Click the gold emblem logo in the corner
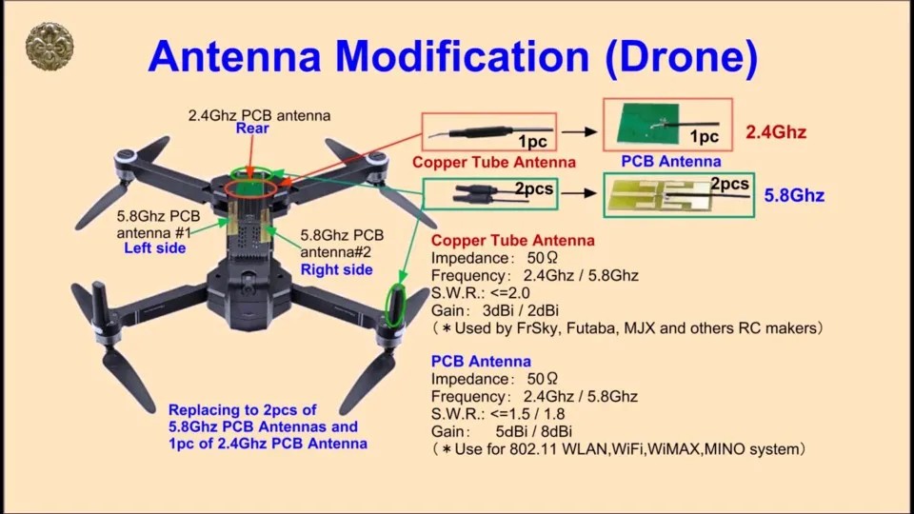49,47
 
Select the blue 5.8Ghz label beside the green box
794,196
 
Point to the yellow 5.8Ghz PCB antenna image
657,196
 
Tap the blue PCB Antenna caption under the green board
670,162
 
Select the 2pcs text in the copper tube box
534,189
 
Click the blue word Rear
252,128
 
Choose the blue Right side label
336,269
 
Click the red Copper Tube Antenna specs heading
512,241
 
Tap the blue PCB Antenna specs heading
481,362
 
